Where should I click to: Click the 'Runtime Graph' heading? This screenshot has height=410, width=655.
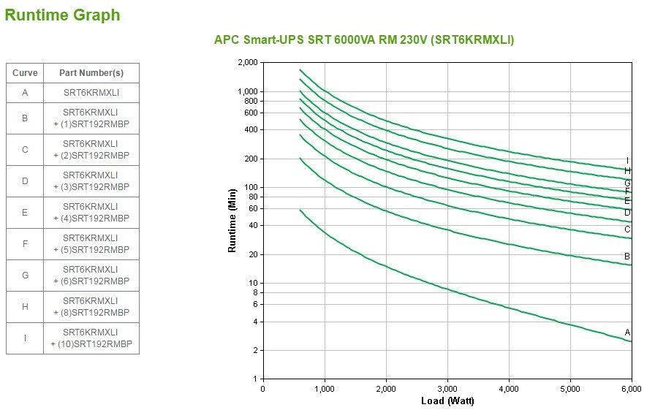click(63, 15)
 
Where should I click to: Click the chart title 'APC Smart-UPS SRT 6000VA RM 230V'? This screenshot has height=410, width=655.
click(363, 39)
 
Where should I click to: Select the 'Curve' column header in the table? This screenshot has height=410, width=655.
click(25, 73)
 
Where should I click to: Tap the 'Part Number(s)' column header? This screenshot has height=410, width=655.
click(91, 73)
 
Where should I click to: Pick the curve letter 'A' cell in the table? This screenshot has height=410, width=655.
click(25, 93)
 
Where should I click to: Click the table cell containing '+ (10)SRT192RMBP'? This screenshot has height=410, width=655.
click(91, 338)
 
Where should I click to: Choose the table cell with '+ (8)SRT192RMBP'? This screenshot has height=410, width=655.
click(91, 307)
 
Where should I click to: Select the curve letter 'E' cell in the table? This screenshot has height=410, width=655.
click(25, 212)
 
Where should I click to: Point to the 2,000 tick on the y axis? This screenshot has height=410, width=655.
click(249, 63)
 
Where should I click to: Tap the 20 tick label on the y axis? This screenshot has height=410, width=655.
click(254, 254)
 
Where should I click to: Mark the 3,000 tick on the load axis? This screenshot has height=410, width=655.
click(447, 389)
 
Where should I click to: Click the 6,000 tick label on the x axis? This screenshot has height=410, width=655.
click(632, 389)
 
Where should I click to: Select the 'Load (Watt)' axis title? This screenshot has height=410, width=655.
click(447, 401)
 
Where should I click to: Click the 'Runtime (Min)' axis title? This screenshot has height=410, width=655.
click(232, 221)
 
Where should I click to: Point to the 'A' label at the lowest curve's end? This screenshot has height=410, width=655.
click(627, 333)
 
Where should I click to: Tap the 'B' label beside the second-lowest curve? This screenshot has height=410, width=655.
click(627, 257)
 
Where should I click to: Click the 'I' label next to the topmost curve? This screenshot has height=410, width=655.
click(627, 161)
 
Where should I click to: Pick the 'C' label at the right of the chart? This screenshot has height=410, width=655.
click(627, 229)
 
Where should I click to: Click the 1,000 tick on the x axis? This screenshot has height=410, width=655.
click(325, 389)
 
